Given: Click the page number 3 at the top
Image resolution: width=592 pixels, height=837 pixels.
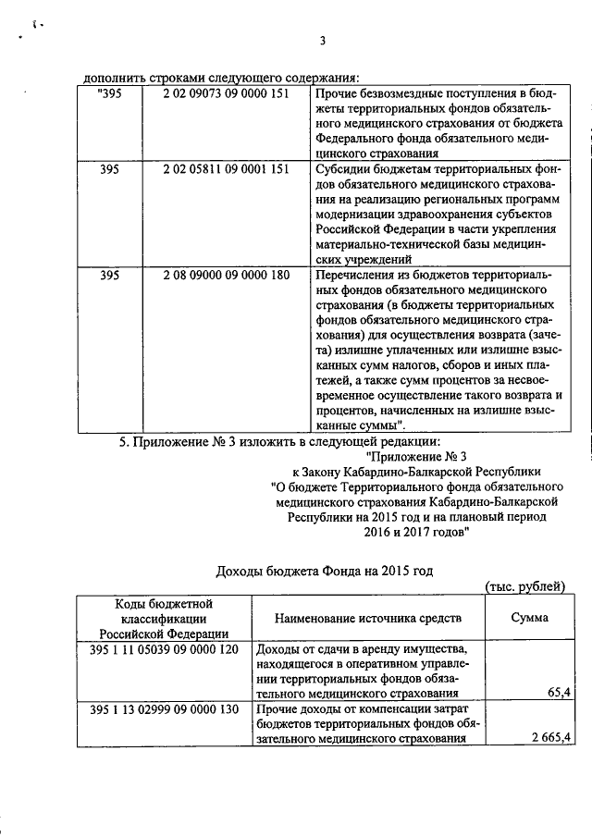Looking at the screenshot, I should (x=322, y=40).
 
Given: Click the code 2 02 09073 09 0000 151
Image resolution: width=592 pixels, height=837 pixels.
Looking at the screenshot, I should (x=226, y=94).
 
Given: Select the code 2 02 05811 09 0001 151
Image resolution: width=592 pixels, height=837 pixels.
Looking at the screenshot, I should (x=226, y=170).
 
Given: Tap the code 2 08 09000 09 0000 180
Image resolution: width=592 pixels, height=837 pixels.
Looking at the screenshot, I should (x=226, y=276).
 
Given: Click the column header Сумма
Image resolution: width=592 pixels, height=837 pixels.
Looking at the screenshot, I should (x=528, y=618).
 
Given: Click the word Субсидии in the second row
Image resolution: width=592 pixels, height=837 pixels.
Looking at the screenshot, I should (x=343, y=170).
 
